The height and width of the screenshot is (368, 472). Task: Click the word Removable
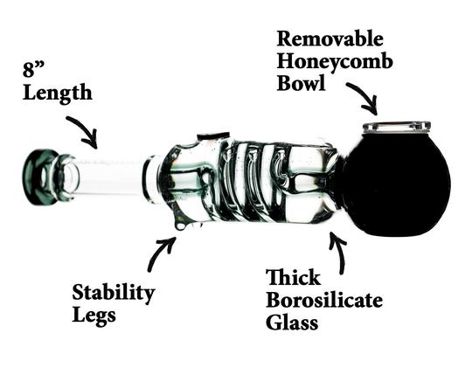tap(330, 39)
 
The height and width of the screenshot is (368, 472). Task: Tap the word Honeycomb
tap(335, 62)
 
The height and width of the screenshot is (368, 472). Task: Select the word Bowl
tap(301, 82)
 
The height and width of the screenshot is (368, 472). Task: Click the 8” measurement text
tap(33, 69)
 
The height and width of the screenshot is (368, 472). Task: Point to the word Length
tap(57, 94)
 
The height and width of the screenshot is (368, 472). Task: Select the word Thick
tap(293, 277)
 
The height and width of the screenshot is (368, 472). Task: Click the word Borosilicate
tap(324, 300)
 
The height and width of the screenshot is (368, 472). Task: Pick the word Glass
tap(292, 323)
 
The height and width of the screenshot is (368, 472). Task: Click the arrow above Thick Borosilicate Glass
tap(339, 252)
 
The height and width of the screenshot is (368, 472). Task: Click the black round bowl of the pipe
tap(396, 184)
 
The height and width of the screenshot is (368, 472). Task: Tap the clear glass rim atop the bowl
tap(397, 127)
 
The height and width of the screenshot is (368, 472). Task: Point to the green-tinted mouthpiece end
tap(40, 177)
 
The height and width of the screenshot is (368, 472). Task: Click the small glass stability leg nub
tap(181, 226)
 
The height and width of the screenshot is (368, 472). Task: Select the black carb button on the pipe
tap(213, 136)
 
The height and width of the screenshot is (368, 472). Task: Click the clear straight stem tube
tap(110, 177)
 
